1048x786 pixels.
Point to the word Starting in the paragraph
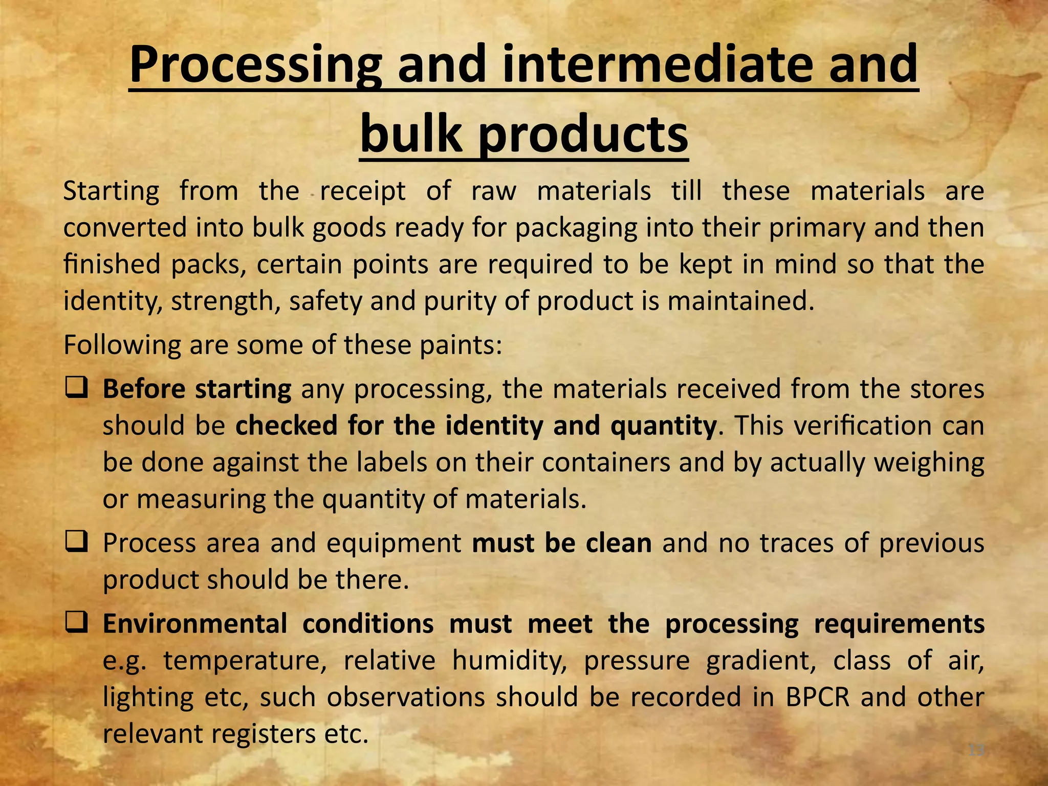pyautogui.click(x=111, y=191)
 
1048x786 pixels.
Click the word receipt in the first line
pyautogui.click(x=362, y=191)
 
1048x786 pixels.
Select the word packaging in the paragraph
pyautogui.click(x=576, y=228)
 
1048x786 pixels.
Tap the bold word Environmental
pyautogui.click(x=195, y=624)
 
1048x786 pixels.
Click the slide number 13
pyautogui.click(x=976, y=750)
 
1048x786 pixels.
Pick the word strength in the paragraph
pyautogui.click(x=225, y=301)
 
